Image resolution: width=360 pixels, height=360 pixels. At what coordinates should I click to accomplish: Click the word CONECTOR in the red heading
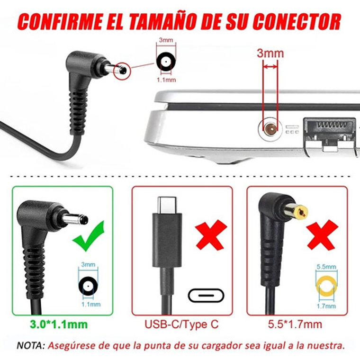[x=296, y=22]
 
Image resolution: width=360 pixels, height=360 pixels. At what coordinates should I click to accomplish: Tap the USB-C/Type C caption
[x=182, y=325]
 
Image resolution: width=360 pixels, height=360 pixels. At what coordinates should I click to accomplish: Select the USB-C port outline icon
[x=206, y=296]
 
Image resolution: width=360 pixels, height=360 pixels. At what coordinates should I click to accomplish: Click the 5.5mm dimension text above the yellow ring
[x=326, y=267]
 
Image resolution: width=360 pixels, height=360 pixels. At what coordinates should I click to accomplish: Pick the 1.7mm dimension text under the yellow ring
[x=326, y=306]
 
